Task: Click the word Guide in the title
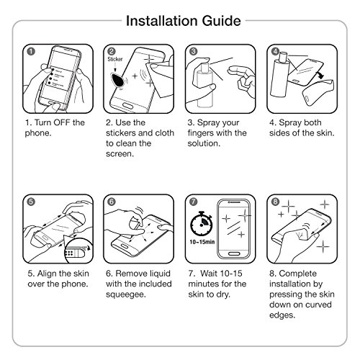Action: (221, 21)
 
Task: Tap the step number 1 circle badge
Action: (31, 51)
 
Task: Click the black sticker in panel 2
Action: (118, 80)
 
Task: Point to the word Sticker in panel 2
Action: (115, 59)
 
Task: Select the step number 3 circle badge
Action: (193, 51)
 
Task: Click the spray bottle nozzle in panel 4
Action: (283, 58)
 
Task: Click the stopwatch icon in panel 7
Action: (202, 224)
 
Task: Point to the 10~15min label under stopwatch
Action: (202, 242)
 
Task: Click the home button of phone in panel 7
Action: (234, 253)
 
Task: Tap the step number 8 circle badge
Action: (275, 202)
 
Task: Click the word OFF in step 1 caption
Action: (62, 122)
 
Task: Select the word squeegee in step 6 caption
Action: (126, 294)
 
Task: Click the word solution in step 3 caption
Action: (204, 143)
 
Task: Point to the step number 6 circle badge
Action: (112, 202)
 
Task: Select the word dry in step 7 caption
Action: (223, 294)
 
